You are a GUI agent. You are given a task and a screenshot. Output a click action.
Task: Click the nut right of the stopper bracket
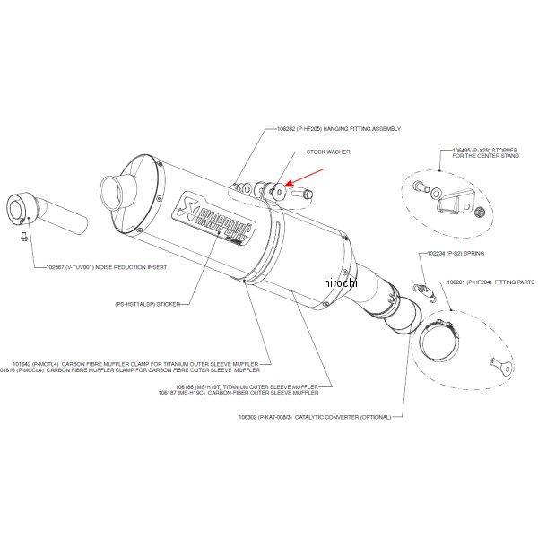[480, 213]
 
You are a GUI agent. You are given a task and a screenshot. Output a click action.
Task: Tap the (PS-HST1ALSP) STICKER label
[147, 304]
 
